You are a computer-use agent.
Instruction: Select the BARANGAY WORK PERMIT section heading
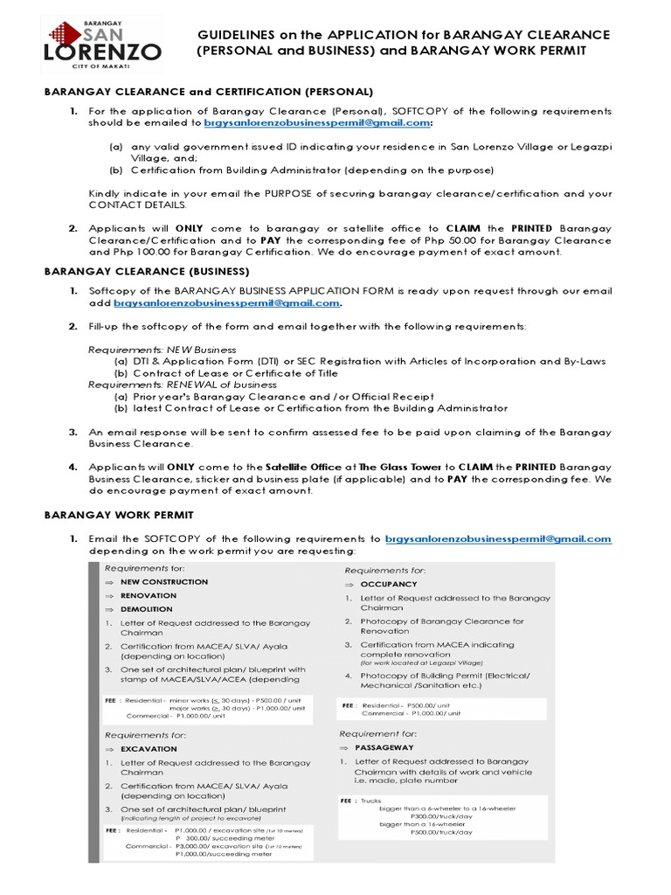pos(119,516)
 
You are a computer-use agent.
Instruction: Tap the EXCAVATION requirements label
pos(148,749)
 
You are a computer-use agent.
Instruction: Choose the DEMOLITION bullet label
pos(146,609)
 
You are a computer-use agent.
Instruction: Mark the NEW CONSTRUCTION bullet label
pos(164,581)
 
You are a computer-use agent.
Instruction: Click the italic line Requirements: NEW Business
pos(163,349)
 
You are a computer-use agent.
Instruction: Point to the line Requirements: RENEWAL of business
pos(183,385)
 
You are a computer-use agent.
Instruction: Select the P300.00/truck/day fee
pos(440,815)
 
